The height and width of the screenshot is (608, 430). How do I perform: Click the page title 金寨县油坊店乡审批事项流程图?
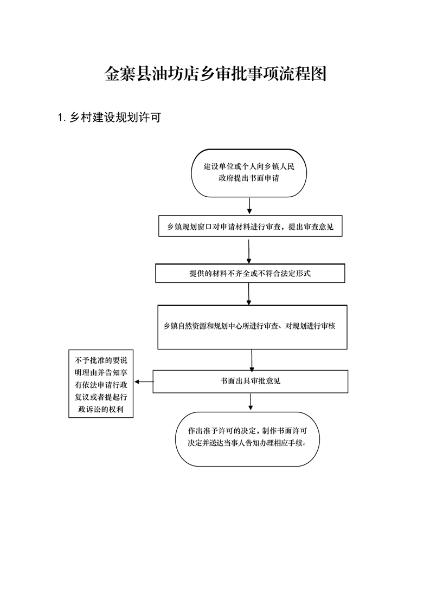[215, 74]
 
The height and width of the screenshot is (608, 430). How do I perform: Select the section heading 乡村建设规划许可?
[115, 117]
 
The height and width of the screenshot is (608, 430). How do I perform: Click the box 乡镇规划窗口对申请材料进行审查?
[251, 226]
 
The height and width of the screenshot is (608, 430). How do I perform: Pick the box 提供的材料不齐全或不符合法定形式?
[250, 273]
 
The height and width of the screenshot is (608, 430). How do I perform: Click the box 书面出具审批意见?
[251, 381]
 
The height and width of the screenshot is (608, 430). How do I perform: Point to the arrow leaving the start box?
[249, 206]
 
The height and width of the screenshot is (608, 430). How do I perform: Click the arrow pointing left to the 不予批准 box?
[144, 382]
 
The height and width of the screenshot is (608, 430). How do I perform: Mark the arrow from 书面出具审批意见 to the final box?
[251, 402]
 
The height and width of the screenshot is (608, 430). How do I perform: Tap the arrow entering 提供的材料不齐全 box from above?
[249, 251]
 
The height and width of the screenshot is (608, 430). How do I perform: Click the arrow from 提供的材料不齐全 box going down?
[249, 294]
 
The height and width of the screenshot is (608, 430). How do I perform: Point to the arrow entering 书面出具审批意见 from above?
[252, 360]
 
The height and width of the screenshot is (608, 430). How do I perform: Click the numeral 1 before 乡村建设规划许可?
[60, 118]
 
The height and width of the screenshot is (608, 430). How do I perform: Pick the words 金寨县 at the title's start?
[127, 74]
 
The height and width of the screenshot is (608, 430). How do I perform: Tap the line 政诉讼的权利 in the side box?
[101, 409]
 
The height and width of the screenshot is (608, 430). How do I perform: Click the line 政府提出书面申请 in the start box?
[249, 178]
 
